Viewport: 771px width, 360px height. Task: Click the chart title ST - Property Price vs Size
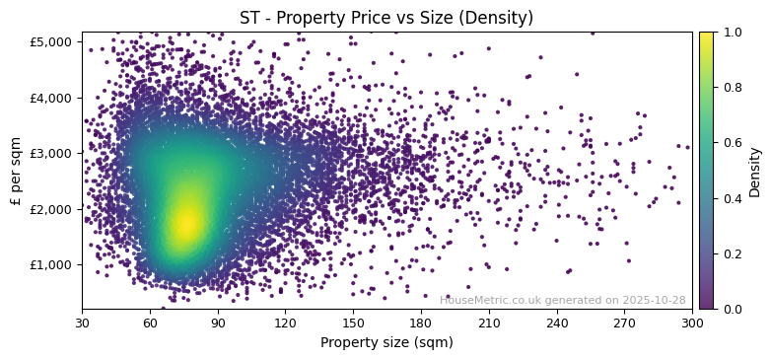[386, 18]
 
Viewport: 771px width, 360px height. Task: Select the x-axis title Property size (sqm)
[386, 343]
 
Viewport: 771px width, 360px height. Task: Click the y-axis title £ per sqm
[16, 171]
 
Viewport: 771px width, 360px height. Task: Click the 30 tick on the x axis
[82, 323]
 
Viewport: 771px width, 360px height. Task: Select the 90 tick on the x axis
[218, 323]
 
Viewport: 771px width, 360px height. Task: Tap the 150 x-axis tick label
[353, 323]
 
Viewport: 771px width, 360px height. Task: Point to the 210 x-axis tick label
[489, 323]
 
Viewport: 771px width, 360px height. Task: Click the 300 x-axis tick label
[692, 323]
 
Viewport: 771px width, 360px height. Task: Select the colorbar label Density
[755, 171]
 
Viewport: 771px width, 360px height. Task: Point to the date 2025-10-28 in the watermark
[654, 300]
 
